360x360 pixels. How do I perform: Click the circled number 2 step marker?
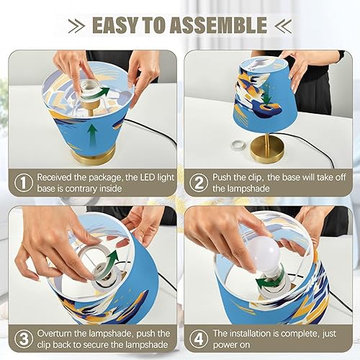coord(197,183)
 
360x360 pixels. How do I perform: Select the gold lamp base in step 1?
coord(93,153)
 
